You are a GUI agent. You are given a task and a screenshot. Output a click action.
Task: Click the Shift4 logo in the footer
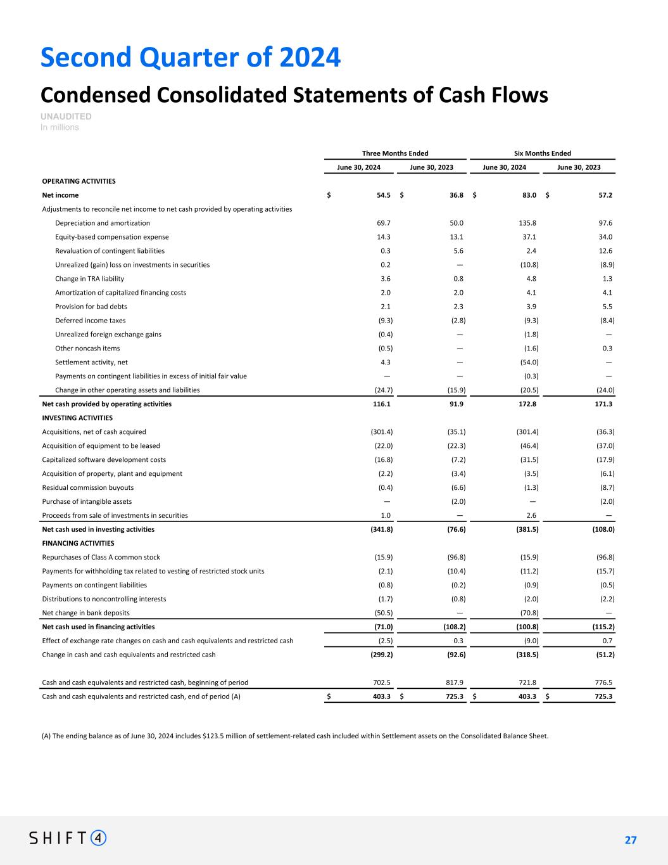68,838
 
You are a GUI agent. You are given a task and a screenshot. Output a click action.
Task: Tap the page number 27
630,840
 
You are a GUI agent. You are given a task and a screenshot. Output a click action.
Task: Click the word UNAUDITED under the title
66,117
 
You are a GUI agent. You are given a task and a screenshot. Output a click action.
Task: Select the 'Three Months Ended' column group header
395,153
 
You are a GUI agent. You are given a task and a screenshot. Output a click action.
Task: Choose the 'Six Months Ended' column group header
543,153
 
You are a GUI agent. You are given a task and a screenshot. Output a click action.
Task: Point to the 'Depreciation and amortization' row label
103,223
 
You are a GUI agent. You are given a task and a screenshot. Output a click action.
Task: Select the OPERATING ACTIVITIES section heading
79,181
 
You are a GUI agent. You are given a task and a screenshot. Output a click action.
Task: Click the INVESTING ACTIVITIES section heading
77,418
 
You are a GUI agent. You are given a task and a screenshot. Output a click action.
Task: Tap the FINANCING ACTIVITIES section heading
78,544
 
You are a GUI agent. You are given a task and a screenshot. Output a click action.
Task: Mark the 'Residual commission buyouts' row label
87,488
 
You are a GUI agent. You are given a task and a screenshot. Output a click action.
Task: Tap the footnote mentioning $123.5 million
295,736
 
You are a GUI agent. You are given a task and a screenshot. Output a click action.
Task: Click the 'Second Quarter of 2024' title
191,57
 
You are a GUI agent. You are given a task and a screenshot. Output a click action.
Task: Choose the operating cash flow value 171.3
602,404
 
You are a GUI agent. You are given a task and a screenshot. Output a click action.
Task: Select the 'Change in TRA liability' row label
89,279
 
